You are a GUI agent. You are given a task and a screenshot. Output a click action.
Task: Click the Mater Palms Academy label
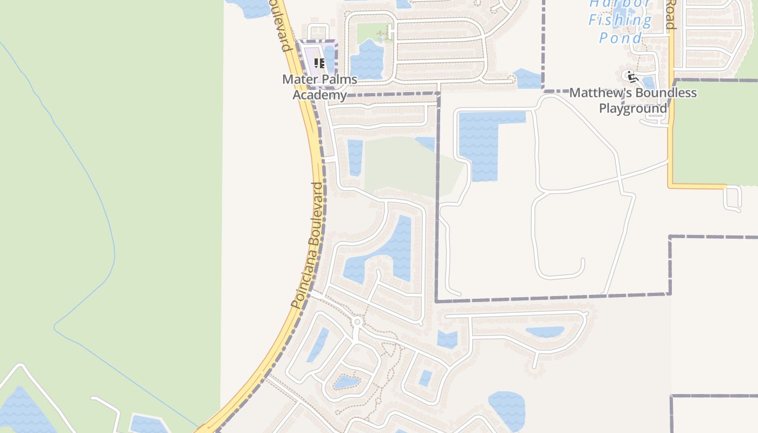[319, 87]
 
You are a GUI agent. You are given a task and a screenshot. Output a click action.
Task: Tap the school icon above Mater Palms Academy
[319, 63]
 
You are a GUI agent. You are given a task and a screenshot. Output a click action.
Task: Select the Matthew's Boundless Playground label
[633, 100]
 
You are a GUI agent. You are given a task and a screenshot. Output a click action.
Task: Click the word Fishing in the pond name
[620, 21]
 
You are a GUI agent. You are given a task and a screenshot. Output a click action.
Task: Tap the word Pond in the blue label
[620, 37]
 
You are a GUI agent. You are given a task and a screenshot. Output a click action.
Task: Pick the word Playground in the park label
[633, 108]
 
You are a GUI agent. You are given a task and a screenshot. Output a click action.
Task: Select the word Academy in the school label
[319, 95]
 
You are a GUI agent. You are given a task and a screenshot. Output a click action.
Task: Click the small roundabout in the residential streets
[357, 322]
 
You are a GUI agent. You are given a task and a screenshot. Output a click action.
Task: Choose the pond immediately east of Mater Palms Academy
[367, 60]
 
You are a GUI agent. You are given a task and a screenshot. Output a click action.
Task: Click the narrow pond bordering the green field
[355, 157]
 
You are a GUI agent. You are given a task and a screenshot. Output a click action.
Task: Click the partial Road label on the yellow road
[670, 15]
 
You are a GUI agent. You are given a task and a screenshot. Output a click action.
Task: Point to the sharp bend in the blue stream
[55, 327]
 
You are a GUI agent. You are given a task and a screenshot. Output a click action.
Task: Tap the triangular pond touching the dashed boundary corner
[527, 78]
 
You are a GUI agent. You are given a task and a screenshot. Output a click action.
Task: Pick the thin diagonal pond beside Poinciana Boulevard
[318, 344]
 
